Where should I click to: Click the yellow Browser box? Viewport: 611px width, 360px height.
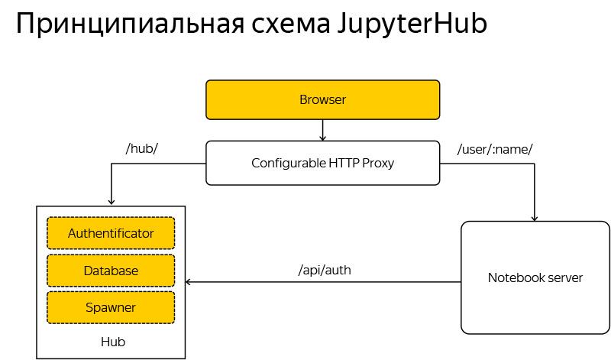[322, 100]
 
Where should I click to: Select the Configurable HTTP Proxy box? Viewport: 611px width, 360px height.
[322, 163]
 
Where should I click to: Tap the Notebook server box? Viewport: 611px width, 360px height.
[535, 277]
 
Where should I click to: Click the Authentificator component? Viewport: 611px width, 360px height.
[111, 233]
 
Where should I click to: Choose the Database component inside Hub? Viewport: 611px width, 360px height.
[111, 271]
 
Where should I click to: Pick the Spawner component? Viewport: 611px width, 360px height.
[111, 307]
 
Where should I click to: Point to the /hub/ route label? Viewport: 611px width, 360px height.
[141, 148]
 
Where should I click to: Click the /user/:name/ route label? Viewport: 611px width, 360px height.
[494, 148]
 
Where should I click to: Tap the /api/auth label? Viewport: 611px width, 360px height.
[325, 270]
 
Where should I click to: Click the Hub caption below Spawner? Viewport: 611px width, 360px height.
[112, 342]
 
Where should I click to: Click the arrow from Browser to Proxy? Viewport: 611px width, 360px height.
[322, 131]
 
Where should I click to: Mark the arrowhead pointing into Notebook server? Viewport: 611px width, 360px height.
[535, 217]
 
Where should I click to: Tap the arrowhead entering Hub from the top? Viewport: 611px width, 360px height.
[112, 201]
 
